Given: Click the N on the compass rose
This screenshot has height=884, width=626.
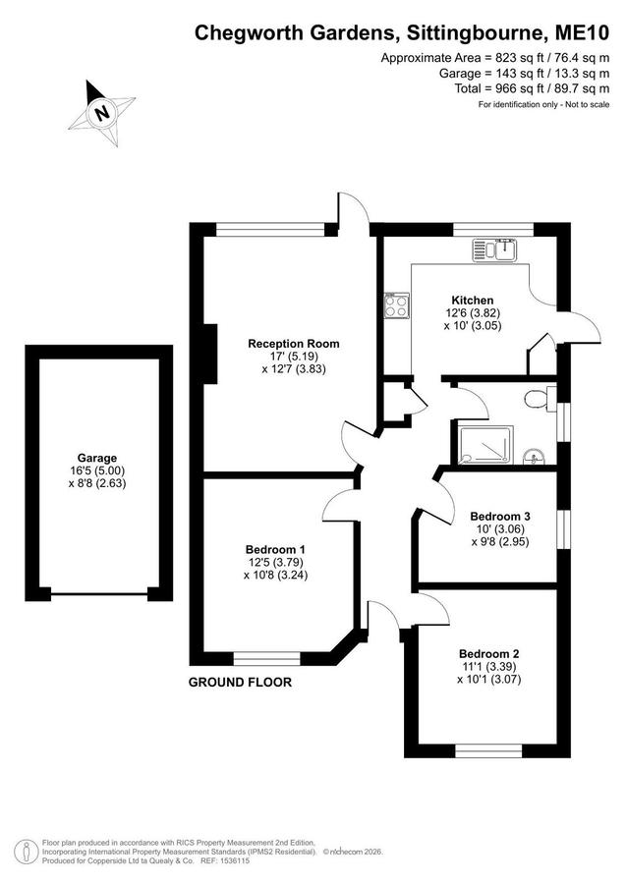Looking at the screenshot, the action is [x=102, y=113].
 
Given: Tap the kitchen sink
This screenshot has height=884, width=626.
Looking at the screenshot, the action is [x=494, y=249].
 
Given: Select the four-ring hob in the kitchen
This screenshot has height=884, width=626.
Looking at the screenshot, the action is [x=396, y=305].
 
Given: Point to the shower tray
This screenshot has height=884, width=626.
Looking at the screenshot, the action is [x=485, y=445].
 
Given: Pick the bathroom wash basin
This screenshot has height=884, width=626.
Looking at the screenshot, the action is [x=534, y=457].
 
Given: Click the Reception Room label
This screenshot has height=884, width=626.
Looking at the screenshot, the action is [x=294, y=344].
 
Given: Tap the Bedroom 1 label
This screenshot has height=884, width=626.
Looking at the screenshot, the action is [x=276, y=549].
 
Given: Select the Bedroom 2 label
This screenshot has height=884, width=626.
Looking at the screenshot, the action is [x=489, y=654].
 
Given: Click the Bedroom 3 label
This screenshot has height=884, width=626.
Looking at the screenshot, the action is [x=500, y=516].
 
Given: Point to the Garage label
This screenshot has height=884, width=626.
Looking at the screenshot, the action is [x=97, y=459].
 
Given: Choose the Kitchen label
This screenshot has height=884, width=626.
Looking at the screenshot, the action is [x=473, y=301].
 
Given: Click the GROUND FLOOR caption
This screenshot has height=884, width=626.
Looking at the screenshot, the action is [x=240, y=683].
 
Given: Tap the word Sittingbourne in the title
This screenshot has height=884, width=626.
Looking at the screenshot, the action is [x=474, y=33].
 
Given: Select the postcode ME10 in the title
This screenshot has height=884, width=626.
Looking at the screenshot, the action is [x=582, y=32].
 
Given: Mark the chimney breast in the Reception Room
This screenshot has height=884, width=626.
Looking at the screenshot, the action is [x=209, y=354].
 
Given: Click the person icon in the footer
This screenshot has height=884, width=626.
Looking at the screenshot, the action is [x=26, y=853].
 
